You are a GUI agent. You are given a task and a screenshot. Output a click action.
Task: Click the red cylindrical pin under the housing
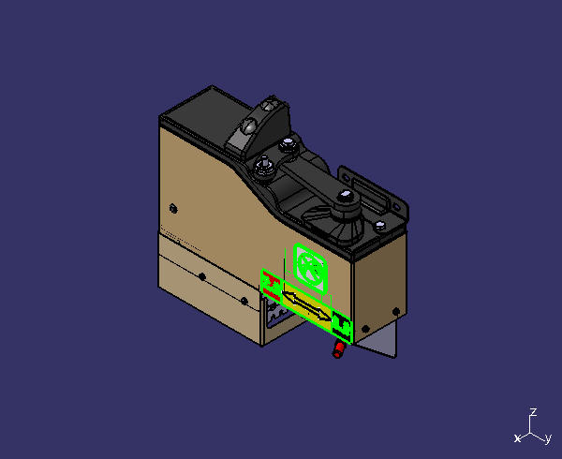coord(338,349)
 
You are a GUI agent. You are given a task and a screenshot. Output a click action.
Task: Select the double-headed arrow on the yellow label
coord(307,305)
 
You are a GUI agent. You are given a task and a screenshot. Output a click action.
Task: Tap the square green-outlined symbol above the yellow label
coord(310,268)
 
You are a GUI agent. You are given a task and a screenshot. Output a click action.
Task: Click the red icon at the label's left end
coord(272,286)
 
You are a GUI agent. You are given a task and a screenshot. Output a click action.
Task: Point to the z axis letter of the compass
coord(533,412)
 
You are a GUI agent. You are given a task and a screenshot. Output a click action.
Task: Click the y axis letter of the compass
coord(548,438)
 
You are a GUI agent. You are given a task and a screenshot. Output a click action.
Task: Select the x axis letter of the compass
coord(517,438)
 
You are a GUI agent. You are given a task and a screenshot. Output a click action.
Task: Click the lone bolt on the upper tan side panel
coord(173,208)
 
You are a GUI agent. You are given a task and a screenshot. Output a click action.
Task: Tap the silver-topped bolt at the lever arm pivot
coord(345,196)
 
